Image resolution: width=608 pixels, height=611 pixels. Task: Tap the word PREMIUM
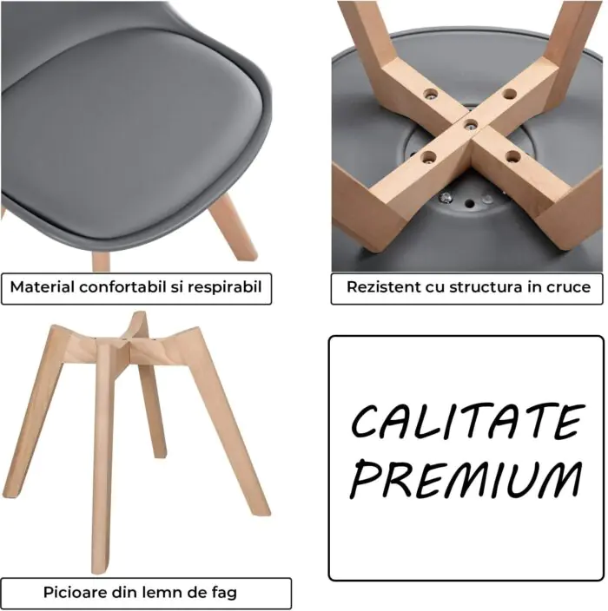point(466,479)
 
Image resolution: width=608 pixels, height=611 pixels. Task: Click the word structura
point(486,287)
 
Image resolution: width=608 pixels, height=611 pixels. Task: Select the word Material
point(42,286)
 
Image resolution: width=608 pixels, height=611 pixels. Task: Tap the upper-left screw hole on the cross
point(430,94)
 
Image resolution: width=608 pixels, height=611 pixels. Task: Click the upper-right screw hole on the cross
point(509,94)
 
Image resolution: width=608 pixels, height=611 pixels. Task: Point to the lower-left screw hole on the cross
point(428,157)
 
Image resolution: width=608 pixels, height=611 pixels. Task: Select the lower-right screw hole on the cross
point(512,157)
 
